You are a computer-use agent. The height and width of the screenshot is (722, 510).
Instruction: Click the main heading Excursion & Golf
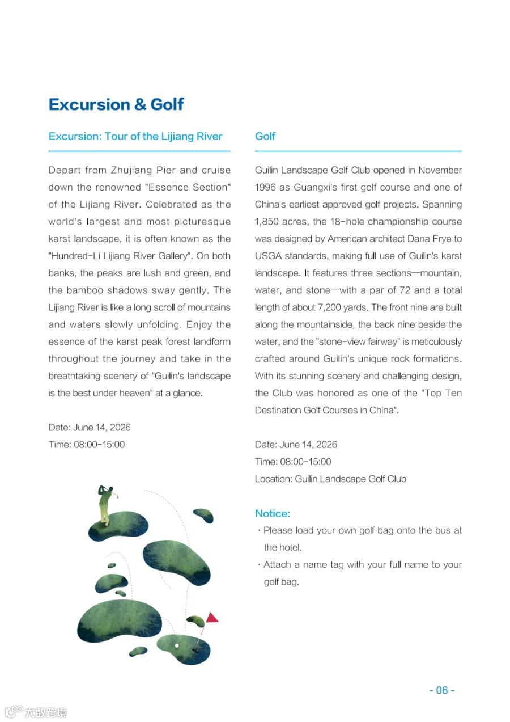tap(116, 104)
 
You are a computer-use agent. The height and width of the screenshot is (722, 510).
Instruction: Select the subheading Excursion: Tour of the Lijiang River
tap(135, 136)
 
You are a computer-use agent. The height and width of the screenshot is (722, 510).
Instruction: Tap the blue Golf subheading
tap(265, 136)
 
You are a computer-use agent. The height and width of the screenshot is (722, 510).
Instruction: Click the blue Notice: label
tap(273, 513)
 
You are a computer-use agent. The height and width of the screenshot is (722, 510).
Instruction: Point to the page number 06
tap(441, 690)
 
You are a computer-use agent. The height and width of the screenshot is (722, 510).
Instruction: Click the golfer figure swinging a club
tap(106, 504)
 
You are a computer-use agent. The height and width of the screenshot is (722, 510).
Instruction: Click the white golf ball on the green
tap(177, 645)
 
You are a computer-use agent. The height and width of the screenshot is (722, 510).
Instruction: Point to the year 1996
tap(266, 187)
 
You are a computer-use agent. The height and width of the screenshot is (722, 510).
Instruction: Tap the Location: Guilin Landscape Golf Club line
tap(330, 479)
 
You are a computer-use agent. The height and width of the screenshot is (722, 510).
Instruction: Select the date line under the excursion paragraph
tap(90, 427)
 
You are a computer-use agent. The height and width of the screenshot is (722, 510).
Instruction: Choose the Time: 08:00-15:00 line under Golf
tap(293, 462)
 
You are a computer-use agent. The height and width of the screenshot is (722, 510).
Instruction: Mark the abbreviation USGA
tap(267, 256)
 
